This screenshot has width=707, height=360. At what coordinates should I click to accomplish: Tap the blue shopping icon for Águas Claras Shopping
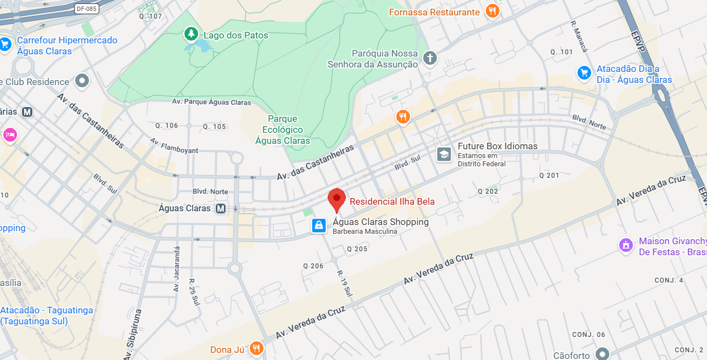coord(319,226)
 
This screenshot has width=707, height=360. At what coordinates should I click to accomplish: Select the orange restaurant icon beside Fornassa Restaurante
coord(493,12)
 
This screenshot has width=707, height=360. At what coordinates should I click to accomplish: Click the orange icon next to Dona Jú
coord(256,348)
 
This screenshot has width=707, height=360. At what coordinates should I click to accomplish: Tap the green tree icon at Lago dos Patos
coord(190,35)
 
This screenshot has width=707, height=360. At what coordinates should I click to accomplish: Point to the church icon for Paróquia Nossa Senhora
coord(430,58)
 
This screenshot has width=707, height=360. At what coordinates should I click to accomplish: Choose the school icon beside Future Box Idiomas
coord(444,154)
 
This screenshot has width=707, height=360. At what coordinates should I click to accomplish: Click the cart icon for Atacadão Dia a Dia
coord(584,72)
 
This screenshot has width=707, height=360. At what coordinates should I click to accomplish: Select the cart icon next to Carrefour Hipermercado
coord(5,44)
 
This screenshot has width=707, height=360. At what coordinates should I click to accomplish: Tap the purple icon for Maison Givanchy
coord(626,245)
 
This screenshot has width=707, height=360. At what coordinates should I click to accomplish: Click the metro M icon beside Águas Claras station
coord(221,209)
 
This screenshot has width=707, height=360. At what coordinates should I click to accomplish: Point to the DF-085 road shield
coord(86,9)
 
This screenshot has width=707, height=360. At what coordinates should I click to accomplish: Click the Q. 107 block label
coord(150,16)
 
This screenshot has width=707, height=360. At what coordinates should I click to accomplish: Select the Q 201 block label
coord(549,176)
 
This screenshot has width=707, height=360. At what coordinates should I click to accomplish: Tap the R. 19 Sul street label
coord(344,284)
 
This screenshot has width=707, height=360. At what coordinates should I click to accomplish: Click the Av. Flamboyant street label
coord(174,145)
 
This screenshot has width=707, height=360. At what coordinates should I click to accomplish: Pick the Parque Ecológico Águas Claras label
coord(283,130)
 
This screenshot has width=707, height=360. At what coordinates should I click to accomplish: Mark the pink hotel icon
coord(9,134)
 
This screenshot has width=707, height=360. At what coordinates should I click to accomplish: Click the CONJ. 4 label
coord(669,280)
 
